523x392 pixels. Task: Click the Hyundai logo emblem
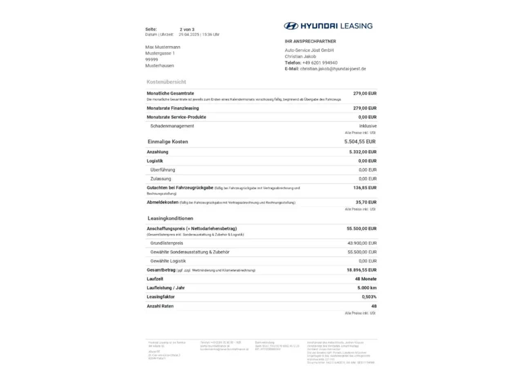291,26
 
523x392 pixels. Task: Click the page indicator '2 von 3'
187,29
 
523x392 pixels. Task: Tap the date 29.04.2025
189,35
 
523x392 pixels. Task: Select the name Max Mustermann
163,47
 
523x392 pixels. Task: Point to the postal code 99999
152,60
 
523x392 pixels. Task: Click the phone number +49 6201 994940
320,63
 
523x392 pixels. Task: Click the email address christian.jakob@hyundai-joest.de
333,69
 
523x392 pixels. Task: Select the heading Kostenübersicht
166,82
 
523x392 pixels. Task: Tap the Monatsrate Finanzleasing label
173,108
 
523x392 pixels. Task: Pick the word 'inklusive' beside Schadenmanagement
368,126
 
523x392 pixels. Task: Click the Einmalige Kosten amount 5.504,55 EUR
360,142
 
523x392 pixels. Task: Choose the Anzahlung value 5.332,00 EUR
363,152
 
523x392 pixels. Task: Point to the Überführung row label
163,170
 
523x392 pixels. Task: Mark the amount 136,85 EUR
365,188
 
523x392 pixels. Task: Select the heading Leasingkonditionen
170,218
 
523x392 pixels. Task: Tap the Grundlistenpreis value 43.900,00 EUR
362,243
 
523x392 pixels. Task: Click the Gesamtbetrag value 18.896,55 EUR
362,270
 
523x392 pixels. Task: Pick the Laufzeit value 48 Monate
366,279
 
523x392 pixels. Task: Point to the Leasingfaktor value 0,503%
369,297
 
